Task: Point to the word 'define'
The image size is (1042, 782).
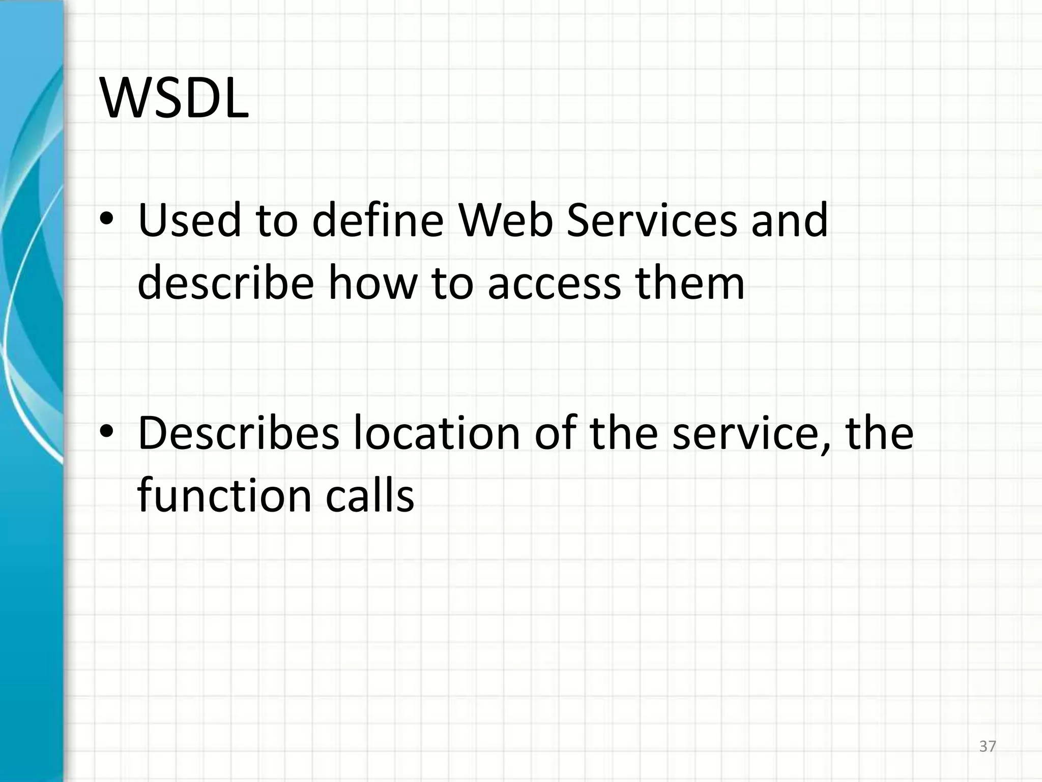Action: tap(378, 220)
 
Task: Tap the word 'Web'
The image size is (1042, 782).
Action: tap(505, 220)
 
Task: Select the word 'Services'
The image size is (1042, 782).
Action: tap(652, 220)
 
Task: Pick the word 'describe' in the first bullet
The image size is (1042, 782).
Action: tap(225, 283)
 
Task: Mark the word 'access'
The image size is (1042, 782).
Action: tap(554, 284)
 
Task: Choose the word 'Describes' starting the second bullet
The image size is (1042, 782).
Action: tap(238, 433)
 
